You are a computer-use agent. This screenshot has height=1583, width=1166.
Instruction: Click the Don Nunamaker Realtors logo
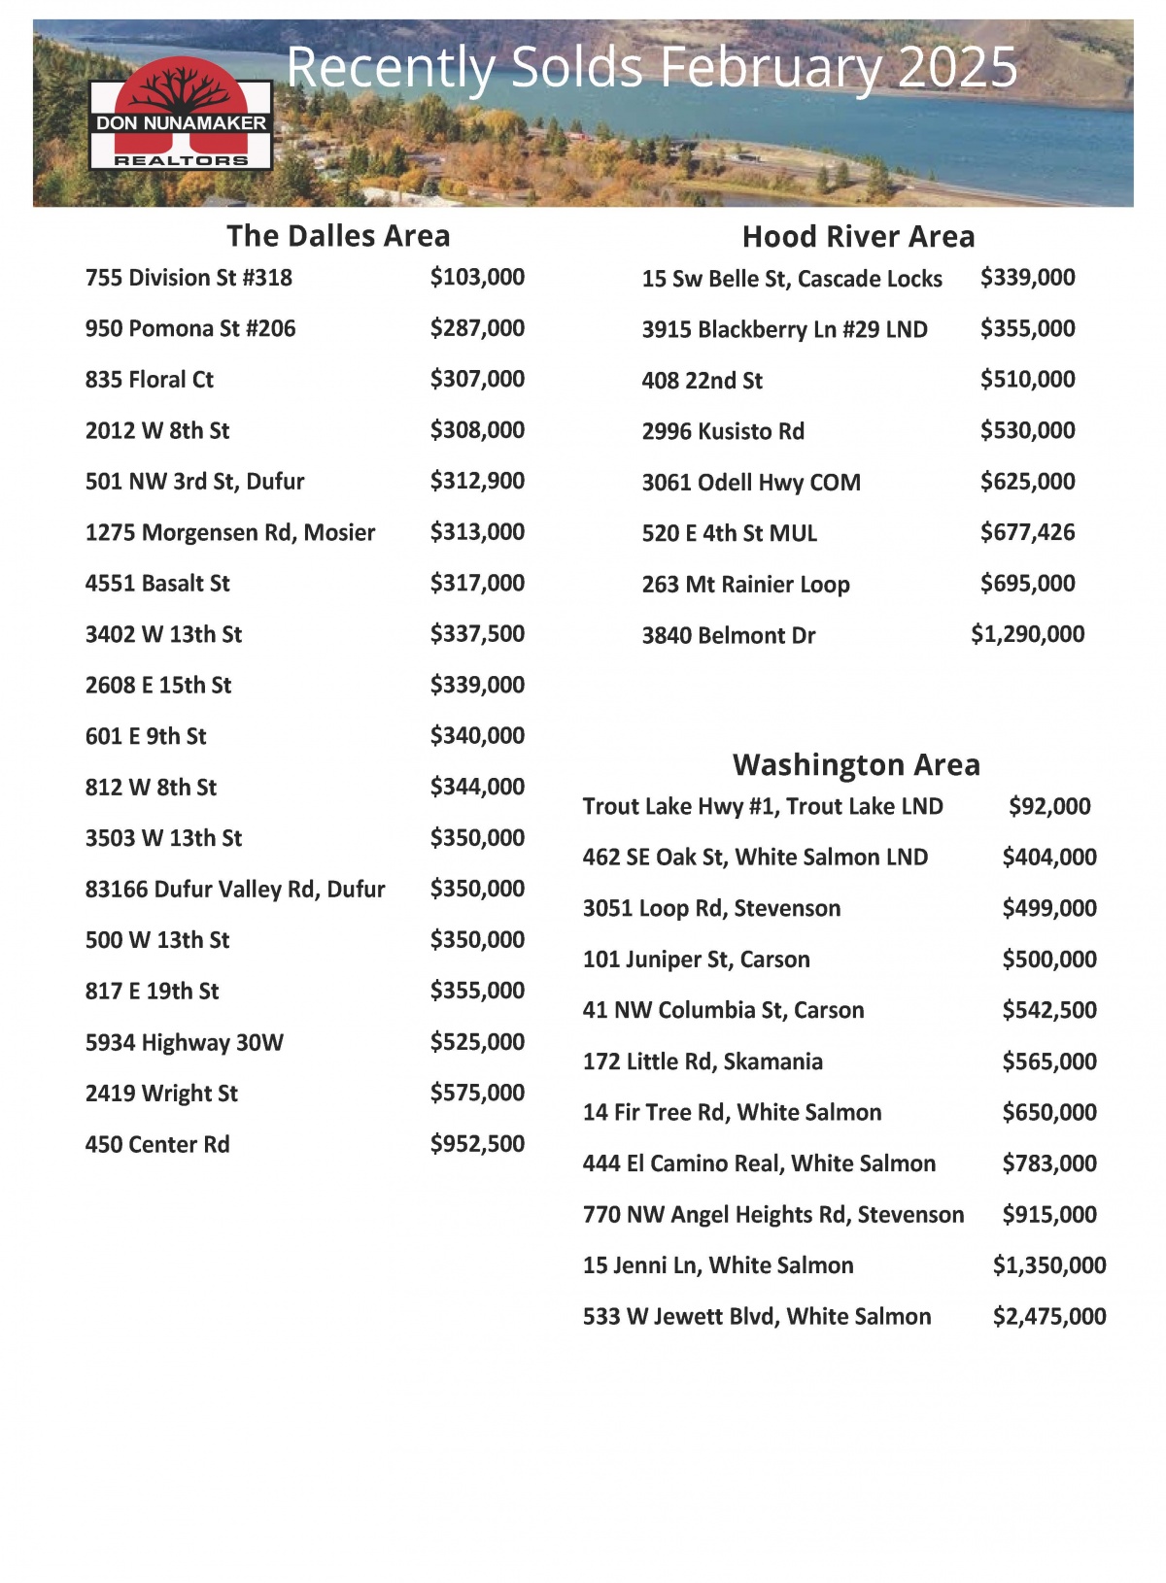[x=181, y=115]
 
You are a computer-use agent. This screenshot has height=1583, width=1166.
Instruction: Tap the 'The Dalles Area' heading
[x=338, y=236]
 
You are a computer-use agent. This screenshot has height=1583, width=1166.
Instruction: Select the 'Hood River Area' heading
[x=858, y=237]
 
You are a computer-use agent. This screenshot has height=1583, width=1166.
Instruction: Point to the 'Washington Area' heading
[x=856, y=765]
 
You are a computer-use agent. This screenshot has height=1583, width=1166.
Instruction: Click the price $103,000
[x=477, y=278]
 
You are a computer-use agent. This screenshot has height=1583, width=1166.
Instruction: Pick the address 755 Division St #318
[x=189, y=278]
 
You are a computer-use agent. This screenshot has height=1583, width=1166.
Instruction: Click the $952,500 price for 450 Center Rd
[x=477, y=1144]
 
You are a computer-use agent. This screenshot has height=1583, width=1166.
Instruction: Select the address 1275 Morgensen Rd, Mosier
[x=230, y=532]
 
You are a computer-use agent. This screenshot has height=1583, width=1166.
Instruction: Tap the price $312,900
[x=477, y=481]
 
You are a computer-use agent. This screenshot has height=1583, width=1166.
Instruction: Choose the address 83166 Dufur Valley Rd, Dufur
[x=235, y=889]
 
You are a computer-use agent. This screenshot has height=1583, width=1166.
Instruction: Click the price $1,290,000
[x=1027, y=634]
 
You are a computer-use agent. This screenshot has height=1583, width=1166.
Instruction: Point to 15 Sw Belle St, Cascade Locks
[x=792, y=279]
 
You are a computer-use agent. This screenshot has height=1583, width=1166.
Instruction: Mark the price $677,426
[x=1027, y=532]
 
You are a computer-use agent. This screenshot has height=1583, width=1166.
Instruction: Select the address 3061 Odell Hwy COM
[x=751, y=482]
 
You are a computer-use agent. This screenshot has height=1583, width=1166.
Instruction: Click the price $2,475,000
[x=1049, y=1316]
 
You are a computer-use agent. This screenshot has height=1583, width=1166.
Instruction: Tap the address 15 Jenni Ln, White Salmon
[x=718, y=1265]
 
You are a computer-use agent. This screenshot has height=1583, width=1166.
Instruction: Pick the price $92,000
[x=1049, y=806]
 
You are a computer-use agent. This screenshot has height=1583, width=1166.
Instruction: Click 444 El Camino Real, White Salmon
[x=759, y=1163]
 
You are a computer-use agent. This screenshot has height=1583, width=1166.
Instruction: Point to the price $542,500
[x=1049, y=1010]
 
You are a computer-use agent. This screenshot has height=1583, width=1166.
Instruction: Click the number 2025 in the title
[x=958, y=68]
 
